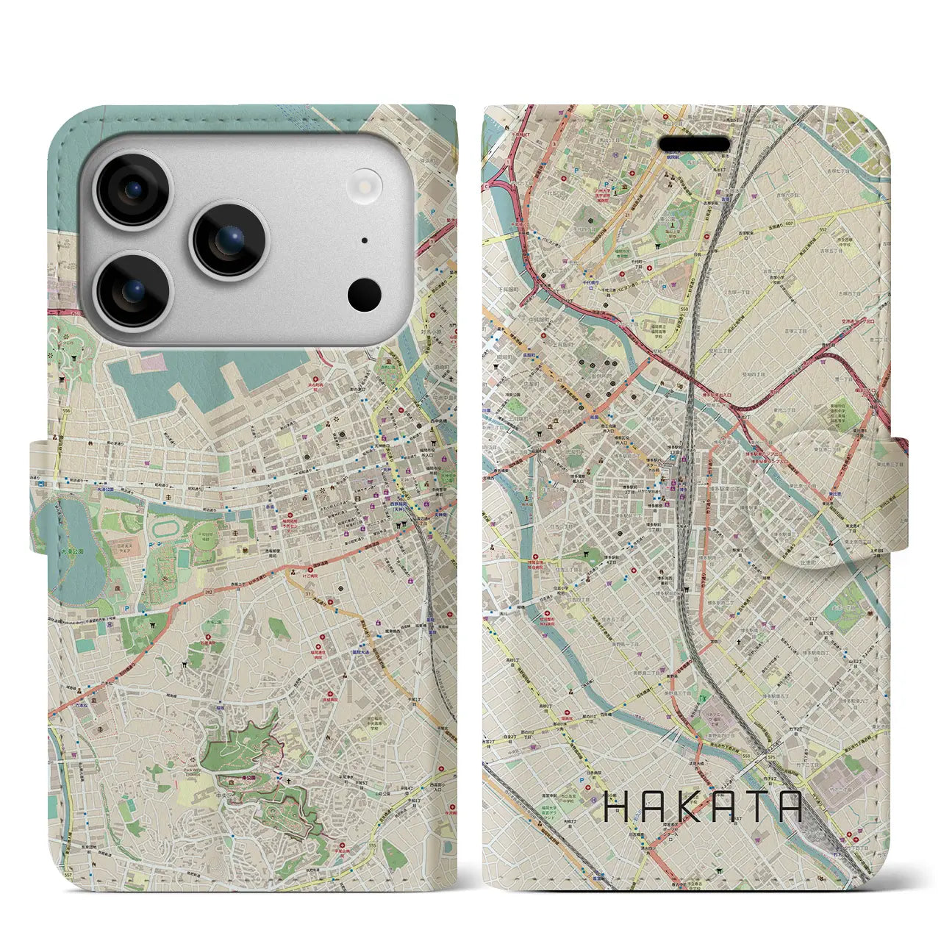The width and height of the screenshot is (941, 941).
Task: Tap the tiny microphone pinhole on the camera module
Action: click(365, 240)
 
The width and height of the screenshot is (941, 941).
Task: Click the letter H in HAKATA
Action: click(616, 806)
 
